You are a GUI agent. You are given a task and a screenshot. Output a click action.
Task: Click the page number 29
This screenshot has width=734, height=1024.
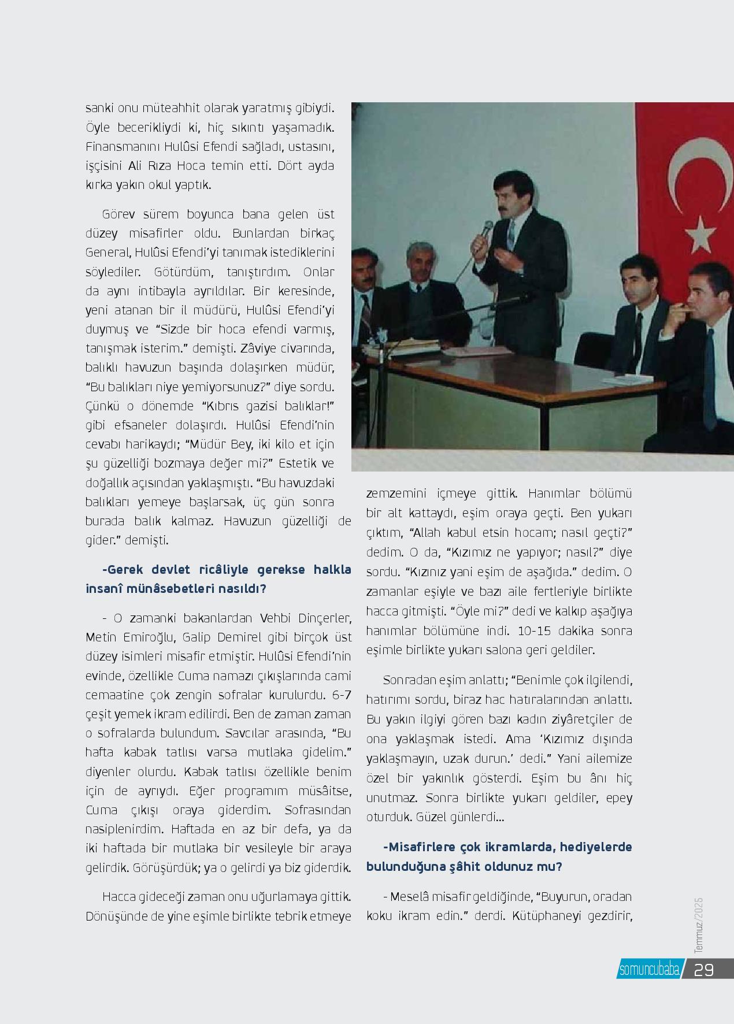coord(704,970)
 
